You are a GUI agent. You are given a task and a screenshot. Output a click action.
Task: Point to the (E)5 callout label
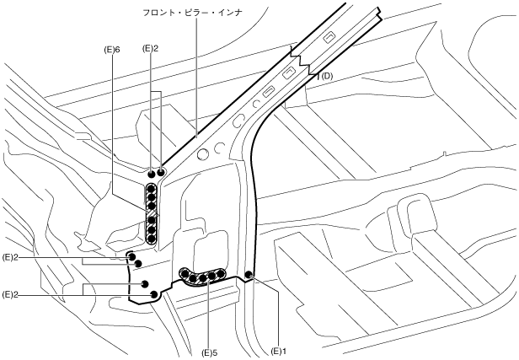click(x=209, y=351)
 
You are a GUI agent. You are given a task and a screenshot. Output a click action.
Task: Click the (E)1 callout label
click(x=280, y=351)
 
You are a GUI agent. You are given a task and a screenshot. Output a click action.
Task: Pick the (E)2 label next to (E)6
click(x=152, y=49)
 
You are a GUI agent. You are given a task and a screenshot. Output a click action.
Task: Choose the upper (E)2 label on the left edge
click(x=11, y=255)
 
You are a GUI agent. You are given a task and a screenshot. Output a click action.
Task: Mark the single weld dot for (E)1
click(x=249, y=275)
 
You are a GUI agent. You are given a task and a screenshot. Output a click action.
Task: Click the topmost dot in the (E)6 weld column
click(x=152, y=189)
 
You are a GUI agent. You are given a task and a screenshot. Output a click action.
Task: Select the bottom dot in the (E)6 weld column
click(x=152, y=238)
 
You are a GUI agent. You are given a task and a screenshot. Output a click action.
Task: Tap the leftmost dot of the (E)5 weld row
click(x=185, y=273)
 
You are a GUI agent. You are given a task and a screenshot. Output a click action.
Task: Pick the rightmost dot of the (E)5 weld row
click(x=222, y=274)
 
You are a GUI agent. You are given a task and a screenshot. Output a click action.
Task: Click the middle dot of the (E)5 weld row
click(x=203, y=277)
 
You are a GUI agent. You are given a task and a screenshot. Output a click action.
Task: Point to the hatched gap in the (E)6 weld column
click(x=152, y=213)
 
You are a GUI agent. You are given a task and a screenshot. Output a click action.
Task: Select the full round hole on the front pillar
click(x=202, y=154)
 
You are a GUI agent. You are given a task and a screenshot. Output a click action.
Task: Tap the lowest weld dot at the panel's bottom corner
click(x=154, y=294)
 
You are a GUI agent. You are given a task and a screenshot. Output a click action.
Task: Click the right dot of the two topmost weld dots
click(x=162, y=172)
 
